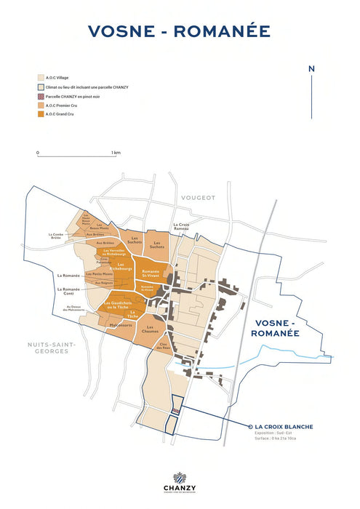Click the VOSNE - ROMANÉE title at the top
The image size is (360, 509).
[x=179, y=31]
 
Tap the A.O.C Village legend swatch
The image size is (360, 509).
[x=40, y=76]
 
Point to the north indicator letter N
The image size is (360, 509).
[x=311, y=69]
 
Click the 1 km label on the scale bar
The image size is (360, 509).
[x=116, y=153]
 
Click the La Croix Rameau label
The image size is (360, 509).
[x=182, y=228]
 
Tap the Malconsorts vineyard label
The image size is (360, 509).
[x=121, y=325]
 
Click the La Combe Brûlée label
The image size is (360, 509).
[x=57, y=236]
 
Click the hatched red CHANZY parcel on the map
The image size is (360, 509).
[x=175, y=411]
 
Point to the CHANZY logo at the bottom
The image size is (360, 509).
[x=179, y=481]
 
